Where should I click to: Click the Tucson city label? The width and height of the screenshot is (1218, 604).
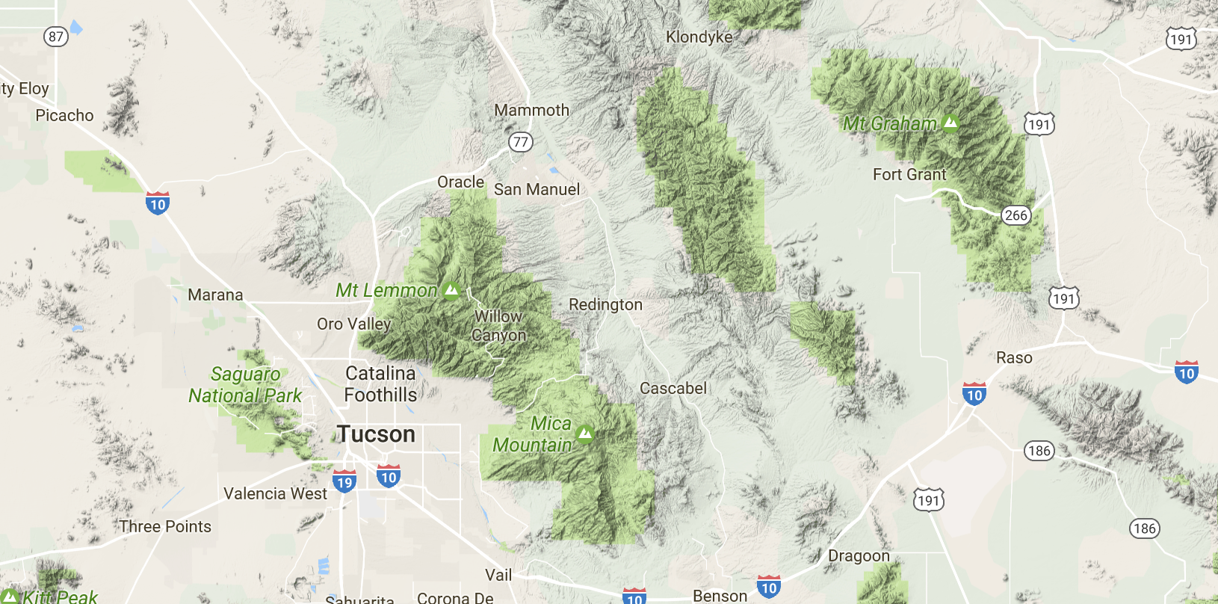click(x=376, y=434)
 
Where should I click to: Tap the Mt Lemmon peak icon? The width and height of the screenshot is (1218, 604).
click(x=451, y=290)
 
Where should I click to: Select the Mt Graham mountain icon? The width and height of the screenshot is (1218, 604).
click(x=950, y=123)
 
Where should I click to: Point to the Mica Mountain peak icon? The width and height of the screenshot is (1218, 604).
click(x=585, y=433)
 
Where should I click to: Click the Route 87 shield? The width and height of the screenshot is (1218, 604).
click(x=56, y=37)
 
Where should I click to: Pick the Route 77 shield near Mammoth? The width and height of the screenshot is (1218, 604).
click(x=521, y=142)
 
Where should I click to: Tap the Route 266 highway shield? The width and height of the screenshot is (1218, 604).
click(x=1016, y=215)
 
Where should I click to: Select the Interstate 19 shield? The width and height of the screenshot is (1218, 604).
click(x=344, y=481)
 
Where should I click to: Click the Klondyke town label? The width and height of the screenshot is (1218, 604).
click(x=699, y=37)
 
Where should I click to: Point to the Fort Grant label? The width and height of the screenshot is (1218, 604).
click(x=909, y=175)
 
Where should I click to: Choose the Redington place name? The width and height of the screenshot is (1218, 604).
click(x=605, y=305)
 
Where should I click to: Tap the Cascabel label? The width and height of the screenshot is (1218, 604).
click(x=673, y=389)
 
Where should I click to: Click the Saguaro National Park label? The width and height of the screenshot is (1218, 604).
click(x=245, y=385)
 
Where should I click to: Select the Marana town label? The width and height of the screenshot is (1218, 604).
click(x=215, y=295)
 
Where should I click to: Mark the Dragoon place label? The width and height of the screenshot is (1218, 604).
click(x=859, y=556)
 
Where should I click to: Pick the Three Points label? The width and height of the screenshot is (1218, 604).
click(x=165, y=527)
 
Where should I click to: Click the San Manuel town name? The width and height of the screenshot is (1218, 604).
click(x=537, y=190)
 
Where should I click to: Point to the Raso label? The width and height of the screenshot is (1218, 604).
click(x=1014, y=358)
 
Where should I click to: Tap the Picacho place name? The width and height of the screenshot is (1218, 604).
click(x=65, y=116)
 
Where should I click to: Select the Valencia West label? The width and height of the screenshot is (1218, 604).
click(x=275, y=494)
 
